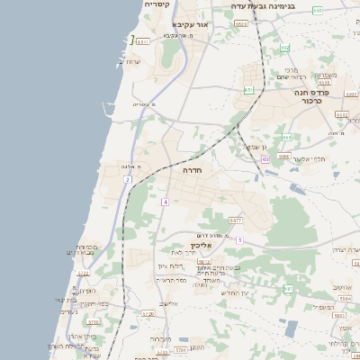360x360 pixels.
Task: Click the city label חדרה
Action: point(191,169)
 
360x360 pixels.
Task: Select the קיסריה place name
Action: point(157,4)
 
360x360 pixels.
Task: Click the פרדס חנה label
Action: point(316,93)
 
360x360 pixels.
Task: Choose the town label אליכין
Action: point(200,244)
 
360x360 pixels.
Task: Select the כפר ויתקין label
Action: point(88,303)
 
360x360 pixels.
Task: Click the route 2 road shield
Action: point(128,180)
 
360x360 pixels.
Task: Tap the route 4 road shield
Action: point(166,202)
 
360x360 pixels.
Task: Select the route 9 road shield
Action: point(239,240)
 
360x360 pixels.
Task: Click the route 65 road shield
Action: point(265,159)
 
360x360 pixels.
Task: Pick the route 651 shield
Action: point(248,89)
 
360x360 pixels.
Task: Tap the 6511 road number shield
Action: point(143,41)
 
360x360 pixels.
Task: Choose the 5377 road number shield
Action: point(236,220)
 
